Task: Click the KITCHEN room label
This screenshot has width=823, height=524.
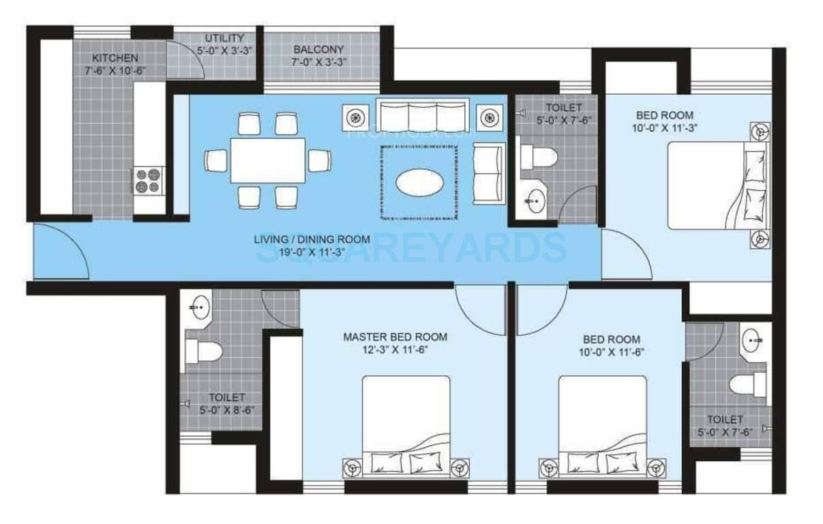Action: pos(115,58)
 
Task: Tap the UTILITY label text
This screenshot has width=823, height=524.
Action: pos(224,38)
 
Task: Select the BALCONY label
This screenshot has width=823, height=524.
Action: pos(318,49)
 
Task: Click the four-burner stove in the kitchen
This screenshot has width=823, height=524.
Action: pos(148,180)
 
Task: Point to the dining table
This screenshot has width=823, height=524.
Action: pos(267,160)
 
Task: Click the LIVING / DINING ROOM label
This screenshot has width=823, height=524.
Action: pos(312,239)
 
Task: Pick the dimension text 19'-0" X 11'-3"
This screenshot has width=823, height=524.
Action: pos(312,251)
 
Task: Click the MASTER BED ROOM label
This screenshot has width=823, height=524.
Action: pos(395,336)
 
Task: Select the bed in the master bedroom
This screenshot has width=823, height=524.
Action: pos(406,426)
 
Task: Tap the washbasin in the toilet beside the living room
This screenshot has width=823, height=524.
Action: pos(535,201)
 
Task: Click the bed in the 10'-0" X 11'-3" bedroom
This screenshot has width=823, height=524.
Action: pos(716,186)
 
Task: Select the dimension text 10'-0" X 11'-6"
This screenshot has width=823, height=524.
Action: pos(611,352)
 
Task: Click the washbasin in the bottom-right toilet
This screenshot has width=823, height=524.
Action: pos(754,338)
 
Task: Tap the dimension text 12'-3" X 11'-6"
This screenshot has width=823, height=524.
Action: pos(395,349)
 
